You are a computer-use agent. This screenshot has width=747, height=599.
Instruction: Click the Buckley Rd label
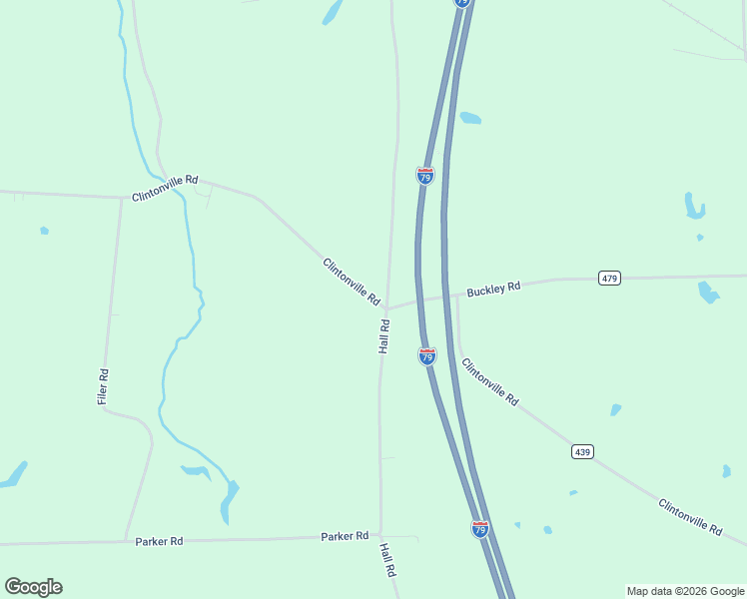click(493, 289)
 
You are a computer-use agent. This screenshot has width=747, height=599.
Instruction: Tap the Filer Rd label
click(103, 386)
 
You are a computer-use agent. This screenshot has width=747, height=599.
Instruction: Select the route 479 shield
click(610, 278)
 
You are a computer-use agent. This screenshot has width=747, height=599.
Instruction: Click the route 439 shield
click(583, 452)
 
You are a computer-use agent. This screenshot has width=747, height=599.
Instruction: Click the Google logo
click(33, 587)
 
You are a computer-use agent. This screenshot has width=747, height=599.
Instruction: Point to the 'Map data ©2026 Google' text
click(685, 591)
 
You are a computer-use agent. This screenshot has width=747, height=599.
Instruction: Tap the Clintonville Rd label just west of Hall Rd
click(352, 282)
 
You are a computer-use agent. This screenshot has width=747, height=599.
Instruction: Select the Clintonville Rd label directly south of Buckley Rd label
click(489, 381)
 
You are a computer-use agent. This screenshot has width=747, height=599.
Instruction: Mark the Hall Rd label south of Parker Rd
click(388, 561)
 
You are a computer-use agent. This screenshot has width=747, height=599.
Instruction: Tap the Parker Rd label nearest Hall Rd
click(345, 536)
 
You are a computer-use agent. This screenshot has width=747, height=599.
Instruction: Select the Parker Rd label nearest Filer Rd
click(159, 541)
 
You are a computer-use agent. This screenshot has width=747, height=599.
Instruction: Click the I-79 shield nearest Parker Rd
click(480, 529)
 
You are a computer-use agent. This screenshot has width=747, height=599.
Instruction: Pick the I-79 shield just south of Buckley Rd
click(427, 355)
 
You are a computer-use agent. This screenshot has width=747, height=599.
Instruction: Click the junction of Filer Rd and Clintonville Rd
click(122, 197)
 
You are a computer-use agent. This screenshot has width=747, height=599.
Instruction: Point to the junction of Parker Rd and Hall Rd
click(379, 536)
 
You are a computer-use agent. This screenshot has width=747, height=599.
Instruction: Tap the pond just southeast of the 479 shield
click(708, 293)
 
